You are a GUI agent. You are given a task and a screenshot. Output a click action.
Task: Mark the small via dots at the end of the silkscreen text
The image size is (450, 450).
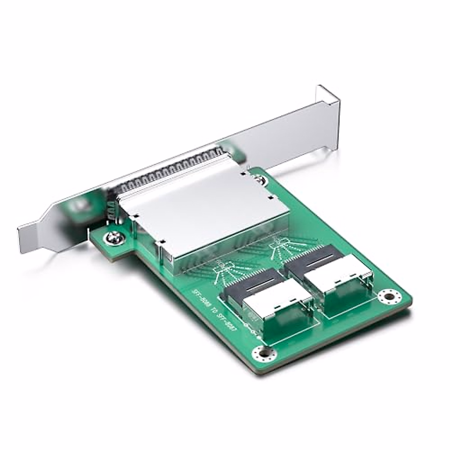(246, 325)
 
